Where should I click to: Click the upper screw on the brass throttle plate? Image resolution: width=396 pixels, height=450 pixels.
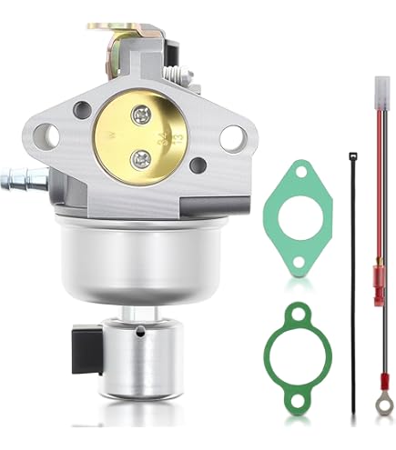tap(140, 115)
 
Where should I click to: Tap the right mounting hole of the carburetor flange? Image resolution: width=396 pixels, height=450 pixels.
tap(231, 139)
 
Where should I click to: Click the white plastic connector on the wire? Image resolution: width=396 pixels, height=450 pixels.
tap(376, 91)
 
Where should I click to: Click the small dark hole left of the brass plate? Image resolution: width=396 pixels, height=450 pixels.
tap(83, 111)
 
